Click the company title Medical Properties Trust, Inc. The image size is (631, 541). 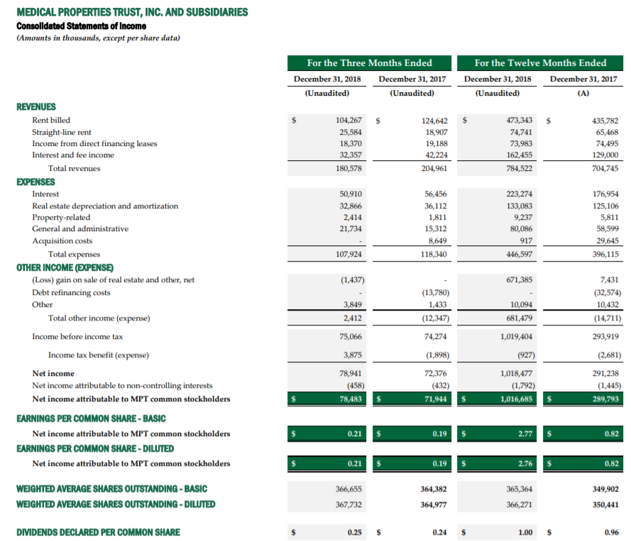coord(132,12)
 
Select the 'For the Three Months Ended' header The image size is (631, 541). coord(369,62)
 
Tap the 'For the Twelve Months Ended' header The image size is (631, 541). coord(540,62)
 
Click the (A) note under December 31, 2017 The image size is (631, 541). coord(583,93)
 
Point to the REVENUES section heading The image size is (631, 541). coord(36,106)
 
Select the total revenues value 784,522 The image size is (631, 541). coord(518,169)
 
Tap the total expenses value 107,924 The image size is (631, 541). coord(348,254)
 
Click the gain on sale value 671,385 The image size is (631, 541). coord(518,280)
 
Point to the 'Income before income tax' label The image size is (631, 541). coord(77,337)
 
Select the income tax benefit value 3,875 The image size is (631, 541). coord(352,355)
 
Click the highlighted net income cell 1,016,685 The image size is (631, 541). coord(515,399)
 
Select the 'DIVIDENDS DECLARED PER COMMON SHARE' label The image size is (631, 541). coord(98,532)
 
